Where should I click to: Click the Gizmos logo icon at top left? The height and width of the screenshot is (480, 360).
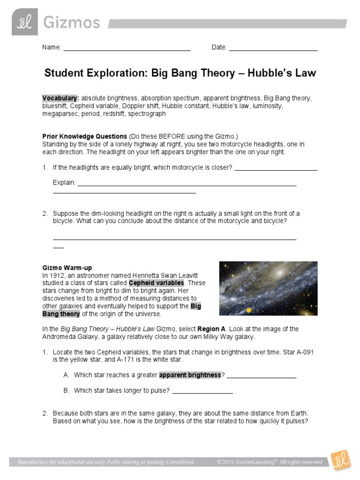click(24, 22)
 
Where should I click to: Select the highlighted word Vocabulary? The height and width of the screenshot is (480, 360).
click(60, 98)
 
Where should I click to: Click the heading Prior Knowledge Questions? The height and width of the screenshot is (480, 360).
click(84, 136)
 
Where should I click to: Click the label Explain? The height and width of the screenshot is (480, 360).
click(64, 182)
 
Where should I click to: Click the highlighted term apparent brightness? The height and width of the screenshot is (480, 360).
click(190, 375)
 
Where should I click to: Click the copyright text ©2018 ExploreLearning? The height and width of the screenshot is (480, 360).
click(247, 462)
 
